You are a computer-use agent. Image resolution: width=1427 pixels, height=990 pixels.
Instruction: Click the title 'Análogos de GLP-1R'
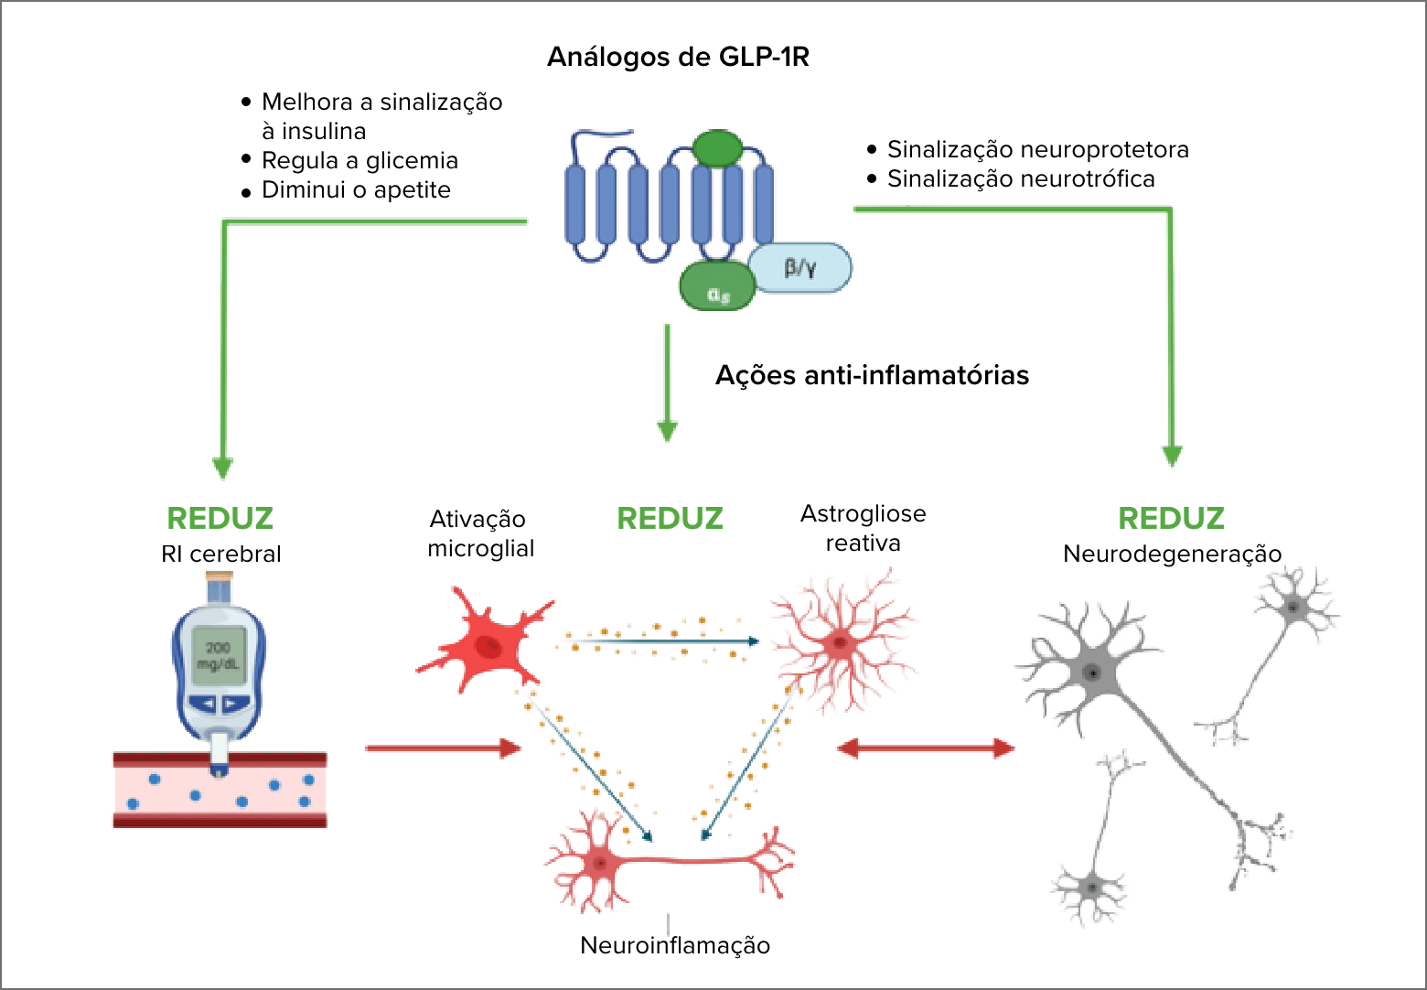(x=678, y=57)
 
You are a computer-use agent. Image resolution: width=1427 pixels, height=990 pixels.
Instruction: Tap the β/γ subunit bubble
(x=800, y=268)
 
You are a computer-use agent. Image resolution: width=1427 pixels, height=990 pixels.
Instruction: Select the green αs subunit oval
(x=718, y=287)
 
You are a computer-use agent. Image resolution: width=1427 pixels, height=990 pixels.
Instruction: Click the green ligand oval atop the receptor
(x=718, y=147)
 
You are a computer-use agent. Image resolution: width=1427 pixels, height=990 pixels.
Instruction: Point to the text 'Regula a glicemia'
(x=359, y=160)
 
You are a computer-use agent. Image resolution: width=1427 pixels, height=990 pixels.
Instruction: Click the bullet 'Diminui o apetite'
(x=356, y=190)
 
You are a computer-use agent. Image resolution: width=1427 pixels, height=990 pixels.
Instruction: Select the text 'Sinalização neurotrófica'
(x=1020, y=178)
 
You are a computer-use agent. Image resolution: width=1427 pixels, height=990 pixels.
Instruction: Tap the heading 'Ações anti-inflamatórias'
(x=872, y=375)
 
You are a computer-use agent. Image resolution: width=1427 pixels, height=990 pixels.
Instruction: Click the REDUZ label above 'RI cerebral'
(x=220, y=518)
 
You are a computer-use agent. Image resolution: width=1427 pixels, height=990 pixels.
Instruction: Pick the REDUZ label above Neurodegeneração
(x=1171, y=518)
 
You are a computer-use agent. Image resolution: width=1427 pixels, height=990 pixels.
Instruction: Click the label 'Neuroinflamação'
(x=675, y=945)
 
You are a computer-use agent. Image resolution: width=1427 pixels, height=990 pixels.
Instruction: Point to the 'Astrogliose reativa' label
(x=863, y=528)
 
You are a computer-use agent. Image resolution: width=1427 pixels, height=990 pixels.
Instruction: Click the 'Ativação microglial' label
(x=479, y=533)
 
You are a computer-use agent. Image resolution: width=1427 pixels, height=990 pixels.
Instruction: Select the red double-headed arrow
(x=926, y=748)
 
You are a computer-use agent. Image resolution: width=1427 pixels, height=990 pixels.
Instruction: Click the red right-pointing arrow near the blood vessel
(x=443, y=748)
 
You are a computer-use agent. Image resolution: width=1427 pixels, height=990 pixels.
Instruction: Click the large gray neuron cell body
(x=1092, y=673)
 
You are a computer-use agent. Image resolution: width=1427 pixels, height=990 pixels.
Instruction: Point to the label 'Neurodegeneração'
(x=1172, y=554)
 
